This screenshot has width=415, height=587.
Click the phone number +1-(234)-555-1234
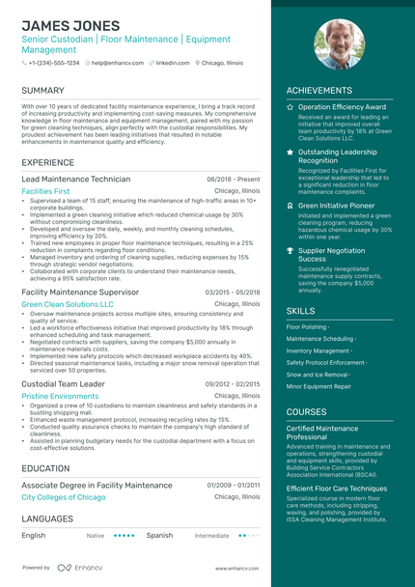[x=53, y=62]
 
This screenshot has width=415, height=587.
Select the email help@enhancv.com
[x=118, y=62]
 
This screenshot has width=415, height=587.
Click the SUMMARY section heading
[x=42, y=91]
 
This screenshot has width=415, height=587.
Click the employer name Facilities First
[x=45, y=192]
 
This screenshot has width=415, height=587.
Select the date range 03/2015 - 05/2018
[x=233, y=292]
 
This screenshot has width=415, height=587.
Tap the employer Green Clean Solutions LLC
[x=68, y=303]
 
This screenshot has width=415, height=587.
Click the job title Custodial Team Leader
[x=63, y=383]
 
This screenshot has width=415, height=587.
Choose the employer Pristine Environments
[x=60, y=396]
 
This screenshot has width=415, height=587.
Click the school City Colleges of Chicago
[x=64, y=496]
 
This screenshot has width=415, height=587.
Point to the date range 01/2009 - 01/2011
[x=234, y=485]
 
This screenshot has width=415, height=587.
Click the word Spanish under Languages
[x=159, y=534]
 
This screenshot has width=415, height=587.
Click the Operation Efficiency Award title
[x=342, y=107]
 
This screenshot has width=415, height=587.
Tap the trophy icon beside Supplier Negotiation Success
[x=290, y=250]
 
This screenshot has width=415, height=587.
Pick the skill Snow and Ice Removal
[x=318, y=374]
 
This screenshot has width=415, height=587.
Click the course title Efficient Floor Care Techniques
[x=336, y=489]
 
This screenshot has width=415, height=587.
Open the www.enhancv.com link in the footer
[x=237, y=569]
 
